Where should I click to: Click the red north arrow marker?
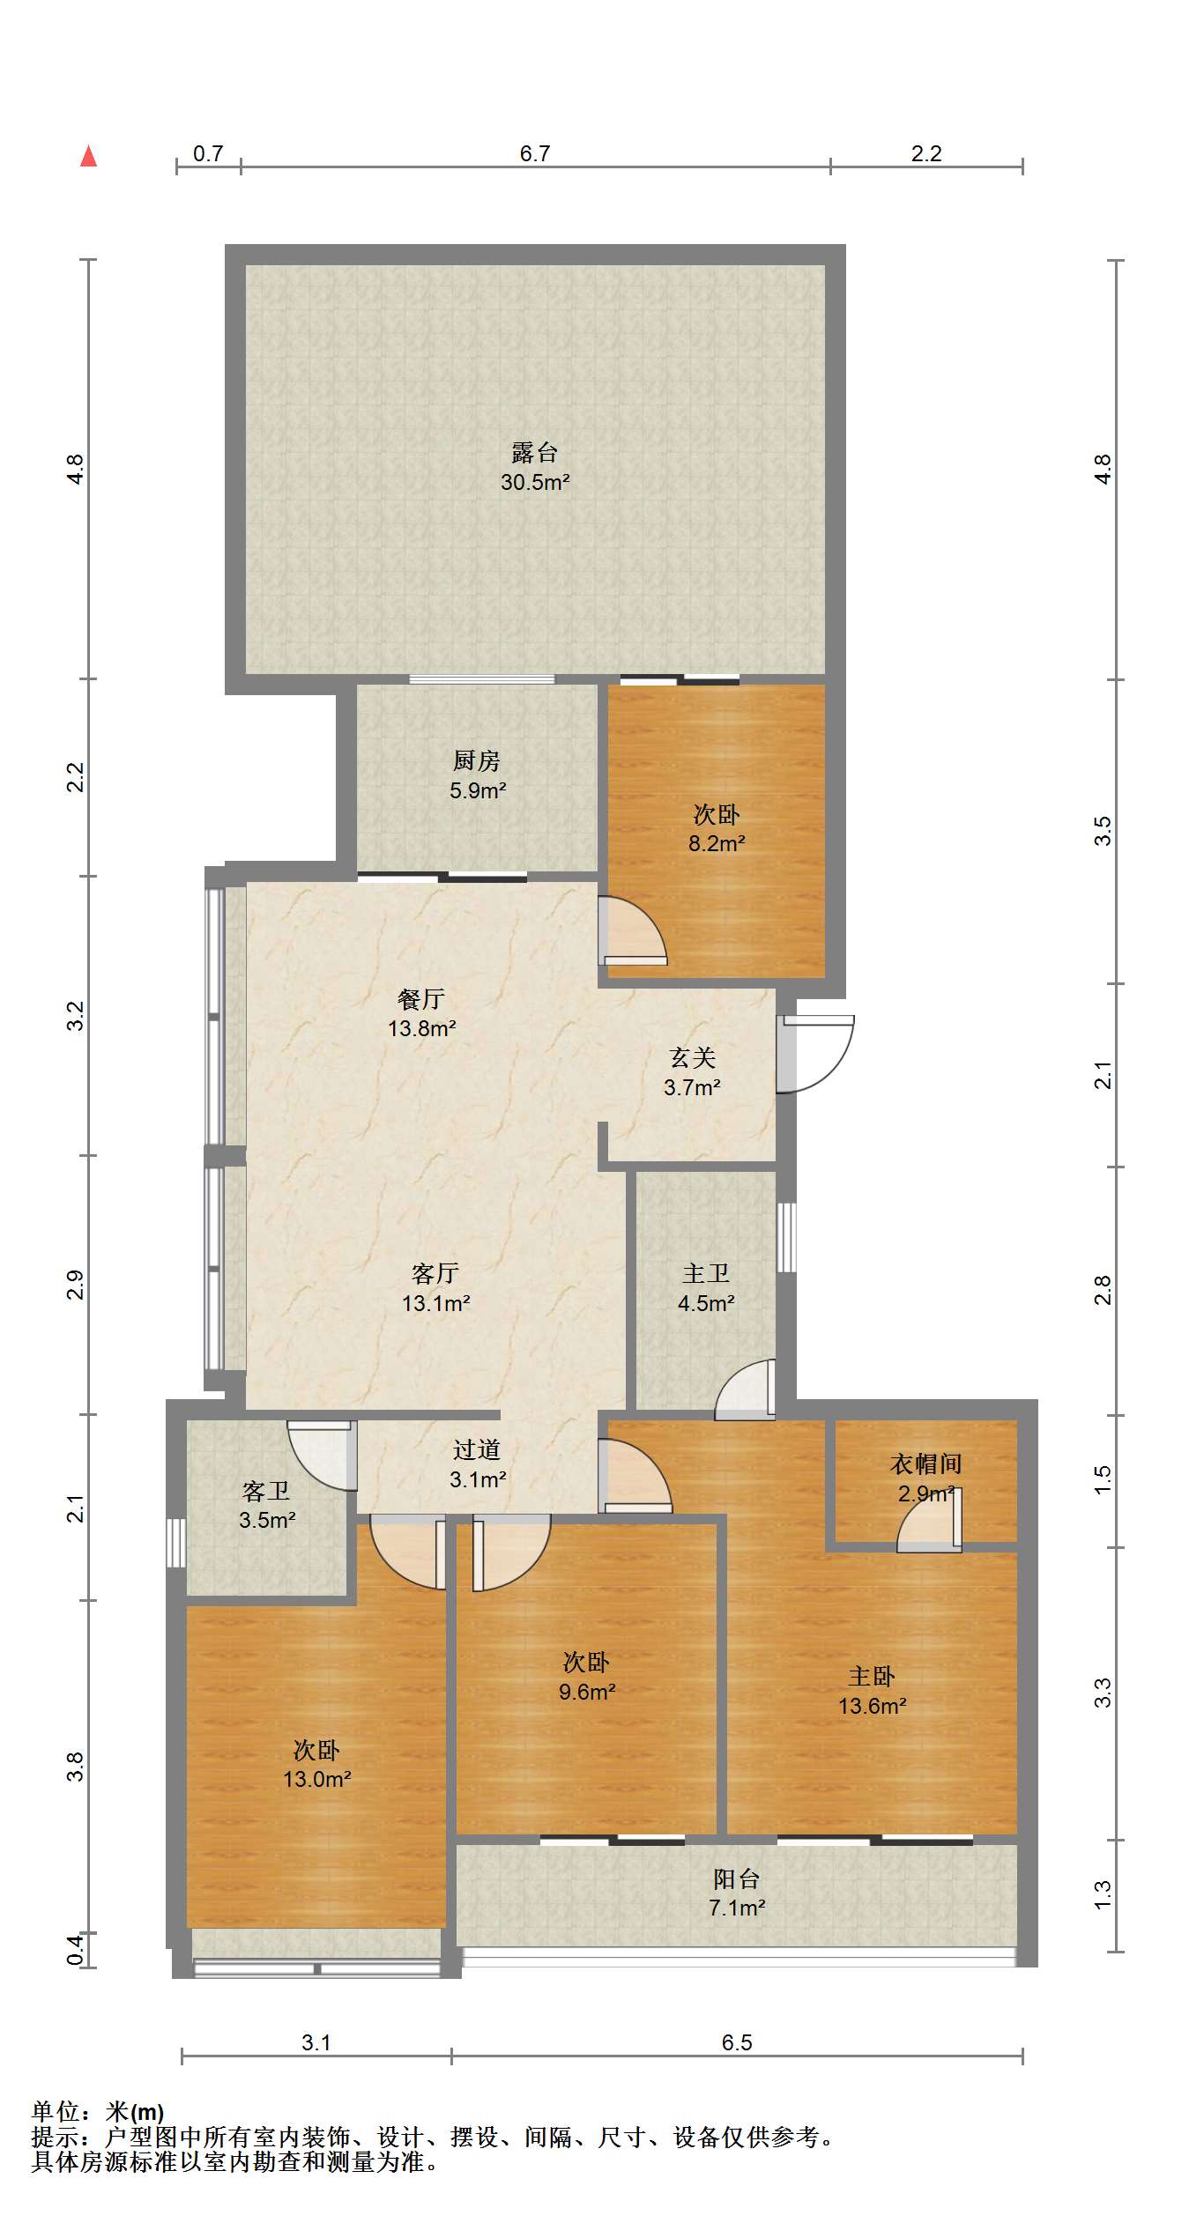pyautogui.click(x=88, y=156)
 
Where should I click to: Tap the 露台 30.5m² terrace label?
pyautogui.click(x=535, y=467)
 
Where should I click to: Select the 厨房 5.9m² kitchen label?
pyautogui.click(x=477, y=775)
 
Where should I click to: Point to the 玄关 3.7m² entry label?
pyautogui.click(x=692, y=1072)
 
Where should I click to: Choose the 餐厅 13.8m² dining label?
pyautogui.click(x=421, y=1013)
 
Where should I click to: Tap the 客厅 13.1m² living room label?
pyautogui.click(x=435, y=1288)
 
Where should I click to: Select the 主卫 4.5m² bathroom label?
pyautogui.click(x=706, y=1287)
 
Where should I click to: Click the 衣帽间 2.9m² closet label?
pyautogui.click(x=925, y=1478)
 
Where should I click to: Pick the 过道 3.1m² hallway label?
pyautogui.click(x=477, y=1464)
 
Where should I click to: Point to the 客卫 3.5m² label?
pyautogui.click(x=266, y=1505)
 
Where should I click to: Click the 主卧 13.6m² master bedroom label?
pyautogui.click(x=872, y=1691)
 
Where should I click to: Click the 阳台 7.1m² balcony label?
pyautogui.click(x=737, y=1893)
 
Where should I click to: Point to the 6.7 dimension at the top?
pyautogui.click(x=534, y=153)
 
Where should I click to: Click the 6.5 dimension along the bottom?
pyautogui.click(x=737, y=2042)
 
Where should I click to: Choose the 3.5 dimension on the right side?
pyautogui.click(x=1103, y=831)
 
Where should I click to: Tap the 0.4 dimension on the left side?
pyautogui.click(x=76, y=1950)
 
